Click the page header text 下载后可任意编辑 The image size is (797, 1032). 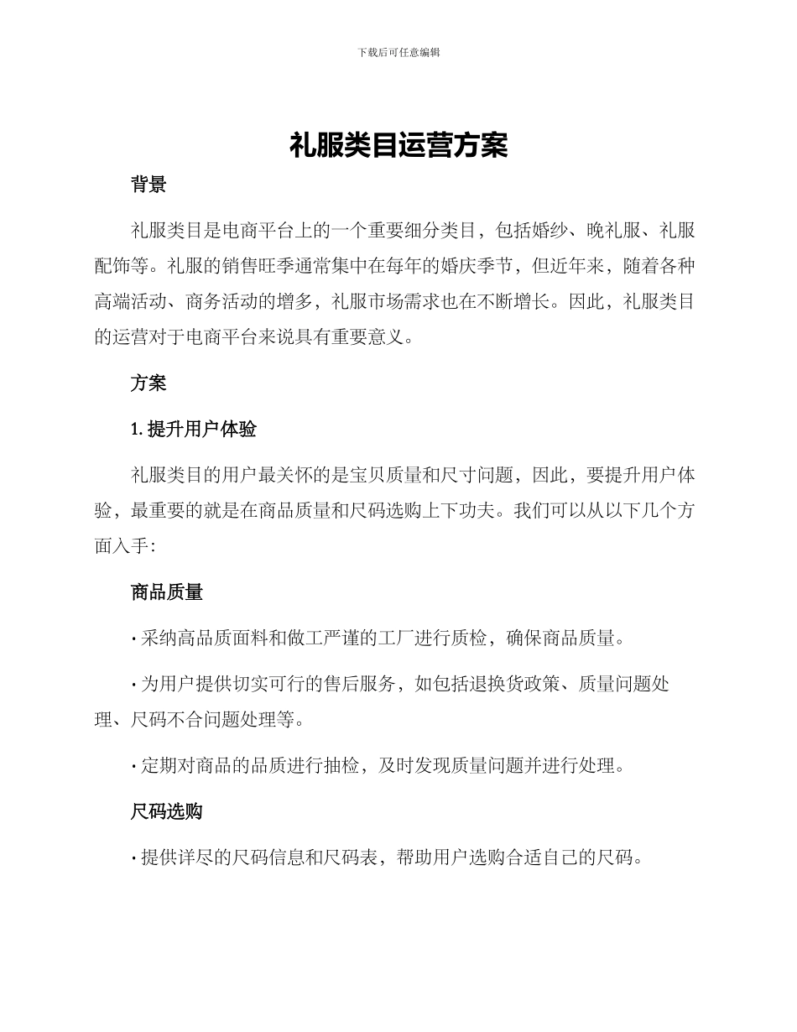pyautogui.click(x=398, y=52)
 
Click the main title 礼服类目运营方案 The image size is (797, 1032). pyautogui.click(x=398, y=146)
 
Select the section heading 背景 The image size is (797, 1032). pyautogui.click(x=148, y=185)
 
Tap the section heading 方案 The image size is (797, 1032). pyautogui.click(x=148, y=383)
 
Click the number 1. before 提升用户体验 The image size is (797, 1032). pyautogui.click(x=138, y=430)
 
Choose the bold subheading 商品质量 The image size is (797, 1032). pyautogui.click(x=167, y=592)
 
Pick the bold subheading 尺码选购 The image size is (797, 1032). pyautogui.click(x=167, y=811)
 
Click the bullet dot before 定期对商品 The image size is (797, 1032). pyautogui.click(x=134, y=766)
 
